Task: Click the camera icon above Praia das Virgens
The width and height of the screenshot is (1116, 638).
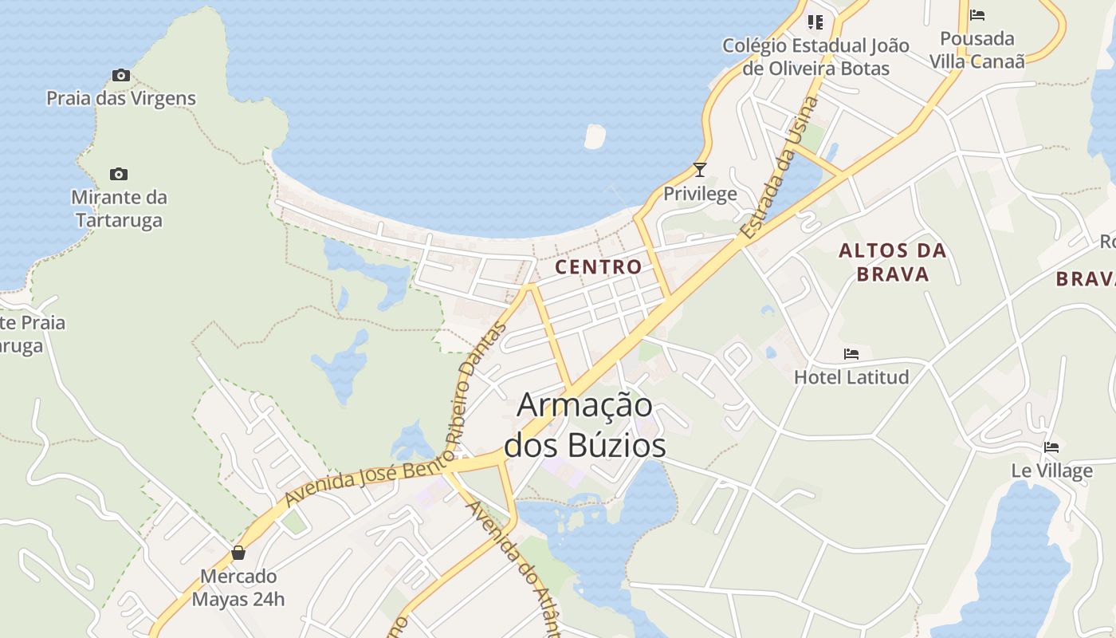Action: pos(121,76)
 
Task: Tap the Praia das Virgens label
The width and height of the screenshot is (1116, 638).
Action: pos(121,99)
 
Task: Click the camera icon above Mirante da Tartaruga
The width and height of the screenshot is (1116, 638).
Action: pos(119,175)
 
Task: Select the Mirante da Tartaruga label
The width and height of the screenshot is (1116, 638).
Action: pos(119,208)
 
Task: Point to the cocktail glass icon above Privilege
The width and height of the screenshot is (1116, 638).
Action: pos(700,170)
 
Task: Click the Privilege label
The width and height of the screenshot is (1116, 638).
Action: pos(700,194)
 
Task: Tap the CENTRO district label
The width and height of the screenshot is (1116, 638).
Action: pos(599,266)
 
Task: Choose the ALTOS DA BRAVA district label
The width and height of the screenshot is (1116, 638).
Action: pos(893,262)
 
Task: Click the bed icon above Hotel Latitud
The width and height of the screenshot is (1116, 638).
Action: pos(851,354)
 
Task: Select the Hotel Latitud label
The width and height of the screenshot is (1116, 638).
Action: pos(851,376)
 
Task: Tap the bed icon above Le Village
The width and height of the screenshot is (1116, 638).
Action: pos(1051,447)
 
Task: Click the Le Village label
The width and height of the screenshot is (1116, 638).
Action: pos(1051,471)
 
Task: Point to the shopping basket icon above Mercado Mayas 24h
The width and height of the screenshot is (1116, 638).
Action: pos(238,553)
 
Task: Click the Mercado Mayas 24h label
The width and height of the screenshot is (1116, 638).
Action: pos(238,588)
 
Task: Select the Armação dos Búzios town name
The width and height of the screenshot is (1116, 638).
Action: pos(585,425)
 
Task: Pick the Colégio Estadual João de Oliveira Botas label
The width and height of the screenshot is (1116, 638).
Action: pos(815,57)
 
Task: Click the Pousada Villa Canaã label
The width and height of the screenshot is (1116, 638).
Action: pos(977,49)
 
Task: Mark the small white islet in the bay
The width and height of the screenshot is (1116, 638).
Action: pos(595,136)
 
